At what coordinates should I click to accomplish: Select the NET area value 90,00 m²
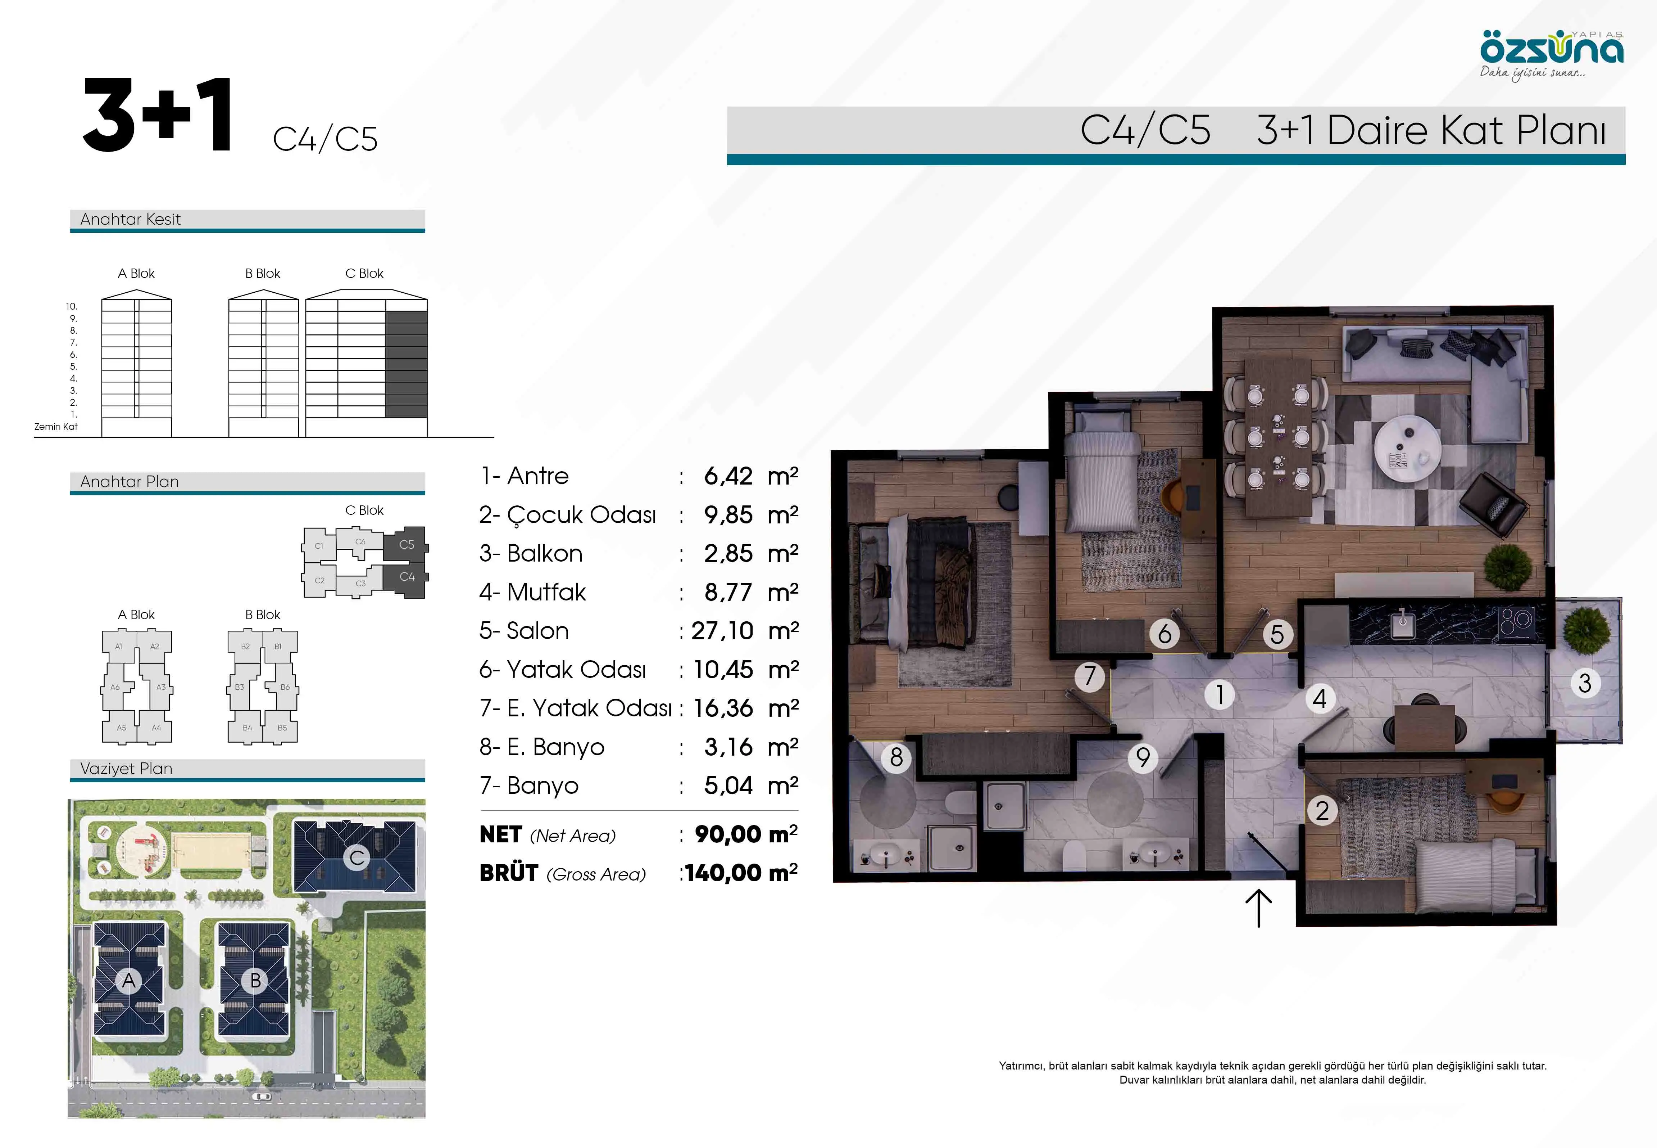click(745, 834)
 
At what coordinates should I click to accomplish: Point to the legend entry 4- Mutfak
click(533, 592)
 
